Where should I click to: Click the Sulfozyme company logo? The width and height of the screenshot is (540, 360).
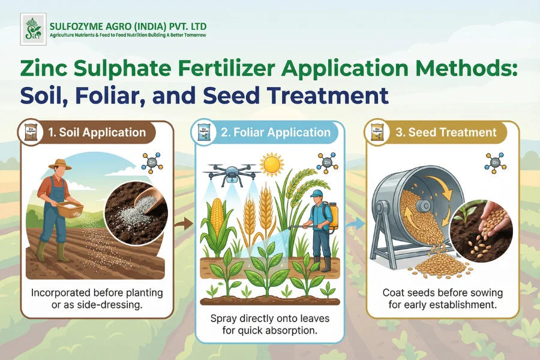[x=32, y=28]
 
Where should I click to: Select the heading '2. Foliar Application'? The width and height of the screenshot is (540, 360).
[x=275, y=133]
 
